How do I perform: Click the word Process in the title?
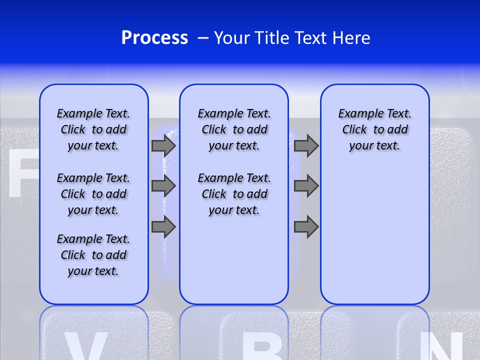point(154,38)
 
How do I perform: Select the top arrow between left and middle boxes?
point(163,145)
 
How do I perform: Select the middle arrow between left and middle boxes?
point(163,186)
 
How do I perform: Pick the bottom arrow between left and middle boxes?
point(163,227)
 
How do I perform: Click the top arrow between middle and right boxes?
point(306,145)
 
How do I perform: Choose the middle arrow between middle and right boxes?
point(306,186)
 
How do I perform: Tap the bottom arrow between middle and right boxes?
point(306,227)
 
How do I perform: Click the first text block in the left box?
point(93,129)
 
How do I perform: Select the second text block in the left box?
point(93,194)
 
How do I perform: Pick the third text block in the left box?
point(93,255)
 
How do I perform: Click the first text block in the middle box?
point(234,129)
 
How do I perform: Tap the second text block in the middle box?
point(234,194)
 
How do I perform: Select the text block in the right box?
point(374,129)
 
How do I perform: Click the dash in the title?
point(203,38)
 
